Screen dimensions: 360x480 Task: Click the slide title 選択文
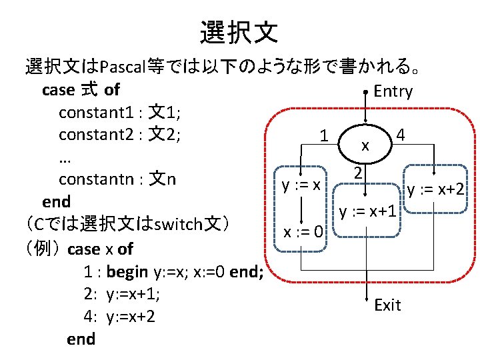[239, 31]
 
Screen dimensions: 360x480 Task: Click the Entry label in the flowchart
[393, 91]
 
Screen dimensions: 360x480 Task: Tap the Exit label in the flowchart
[387, 305]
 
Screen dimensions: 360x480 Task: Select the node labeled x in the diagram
[365, 145]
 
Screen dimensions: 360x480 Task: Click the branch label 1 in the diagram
[323, 135]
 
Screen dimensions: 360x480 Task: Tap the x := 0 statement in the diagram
[303, 233]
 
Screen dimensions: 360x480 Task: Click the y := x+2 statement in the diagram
[436, 190]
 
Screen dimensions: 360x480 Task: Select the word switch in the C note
[175, 223]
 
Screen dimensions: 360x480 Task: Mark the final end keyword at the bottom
[81, 339]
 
